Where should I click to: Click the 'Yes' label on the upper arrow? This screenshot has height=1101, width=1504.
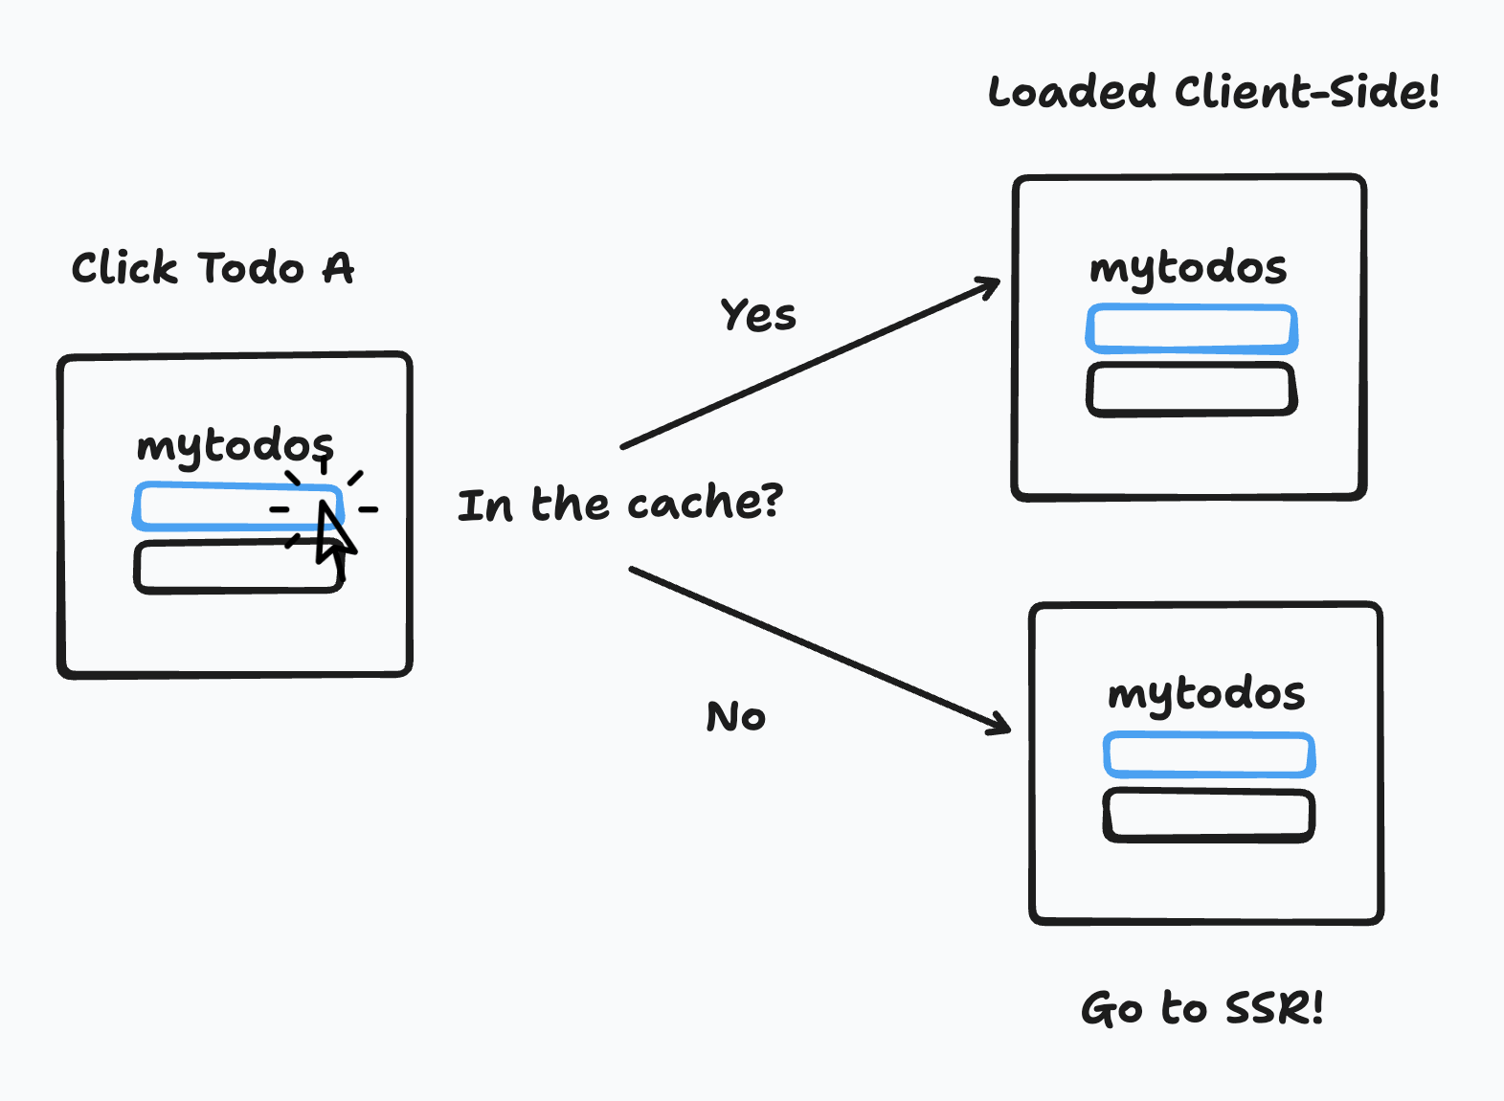757,315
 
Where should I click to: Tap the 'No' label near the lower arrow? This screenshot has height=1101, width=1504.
735,717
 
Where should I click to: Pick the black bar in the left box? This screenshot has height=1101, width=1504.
220,568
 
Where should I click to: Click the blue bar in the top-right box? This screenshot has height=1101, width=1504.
1191,329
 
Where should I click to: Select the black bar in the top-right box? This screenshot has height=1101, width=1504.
1191,389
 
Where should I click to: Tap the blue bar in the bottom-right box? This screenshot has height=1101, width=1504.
1208,754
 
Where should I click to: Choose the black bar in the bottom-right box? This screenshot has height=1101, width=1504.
1208,815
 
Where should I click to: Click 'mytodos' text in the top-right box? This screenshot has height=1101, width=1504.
1188,268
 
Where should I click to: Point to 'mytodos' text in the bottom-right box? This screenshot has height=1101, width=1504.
1205,694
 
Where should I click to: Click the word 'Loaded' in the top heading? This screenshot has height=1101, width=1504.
1071,93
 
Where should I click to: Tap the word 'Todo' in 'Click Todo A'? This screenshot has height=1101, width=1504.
251,268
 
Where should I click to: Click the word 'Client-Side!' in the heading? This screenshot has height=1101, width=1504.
1306,93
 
